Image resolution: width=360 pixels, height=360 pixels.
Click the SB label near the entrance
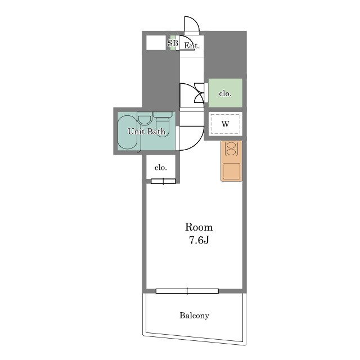(x=173, y=43)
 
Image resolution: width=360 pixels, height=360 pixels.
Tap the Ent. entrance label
(x=192, y=46)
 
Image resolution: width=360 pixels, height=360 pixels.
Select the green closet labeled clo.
(x=225, y=93)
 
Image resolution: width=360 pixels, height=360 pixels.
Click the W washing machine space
(x=225, y=124)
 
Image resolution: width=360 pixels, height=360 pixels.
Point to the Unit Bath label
(x=146, y=131)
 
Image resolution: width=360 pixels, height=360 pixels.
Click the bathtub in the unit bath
(x=128, y=132)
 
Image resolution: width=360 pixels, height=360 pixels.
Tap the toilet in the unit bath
(x=163, y=124)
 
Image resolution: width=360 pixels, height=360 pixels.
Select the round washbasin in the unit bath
(x=145, y=120)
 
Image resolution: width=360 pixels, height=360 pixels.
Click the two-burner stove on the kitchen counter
(x=231, y=148)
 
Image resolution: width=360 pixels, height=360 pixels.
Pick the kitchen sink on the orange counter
(x=231, y=171)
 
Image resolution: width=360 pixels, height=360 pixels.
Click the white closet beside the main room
(x=161, y=166)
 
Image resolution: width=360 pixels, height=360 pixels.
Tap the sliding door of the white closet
(x=163, y=181)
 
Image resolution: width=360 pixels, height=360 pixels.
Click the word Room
(x=199, y=227)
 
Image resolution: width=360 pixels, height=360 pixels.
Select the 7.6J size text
(x=199, y=240)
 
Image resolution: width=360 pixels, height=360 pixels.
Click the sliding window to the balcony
(x=187, y=291)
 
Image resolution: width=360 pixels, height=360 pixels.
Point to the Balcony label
(x=194, y=316)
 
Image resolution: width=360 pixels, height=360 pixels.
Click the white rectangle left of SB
(x=156, y=43)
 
